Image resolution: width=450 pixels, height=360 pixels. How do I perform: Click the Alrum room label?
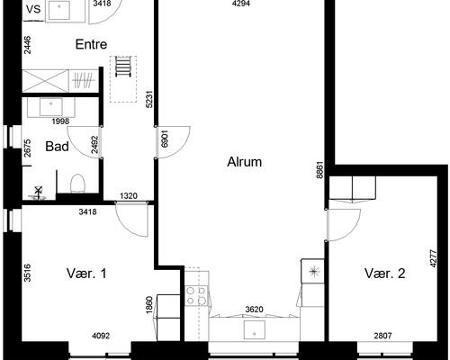(244, 162)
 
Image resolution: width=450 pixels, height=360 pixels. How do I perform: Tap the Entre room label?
(91, 44)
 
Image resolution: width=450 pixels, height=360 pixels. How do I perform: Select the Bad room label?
(57, 147)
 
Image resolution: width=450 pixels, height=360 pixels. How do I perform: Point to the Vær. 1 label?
(86, 274)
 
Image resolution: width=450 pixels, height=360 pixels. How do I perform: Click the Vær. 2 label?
(385, 274)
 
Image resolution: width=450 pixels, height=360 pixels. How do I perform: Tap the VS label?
(33, 9)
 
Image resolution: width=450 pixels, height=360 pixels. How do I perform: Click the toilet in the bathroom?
(77, 184)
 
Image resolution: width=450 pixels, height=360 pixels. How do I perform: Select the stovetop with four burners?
(196, 295)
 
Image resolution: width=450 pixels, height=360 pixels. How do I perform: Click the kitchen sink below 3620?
(255, 330)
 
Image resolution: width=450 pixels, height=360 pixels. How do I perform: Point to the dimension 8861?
(320, 170)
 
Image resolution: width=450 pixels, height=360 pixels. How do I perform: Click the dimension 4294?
(241, 4)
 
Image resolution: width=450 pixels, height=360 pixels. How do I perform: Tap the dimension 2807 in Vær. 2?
(382, 336)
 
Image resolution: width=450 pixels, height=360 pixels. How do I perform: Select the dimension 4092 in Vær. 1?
(101, 336)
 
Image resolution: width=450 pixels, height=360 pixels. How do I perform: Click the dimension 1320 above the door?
(129, 196)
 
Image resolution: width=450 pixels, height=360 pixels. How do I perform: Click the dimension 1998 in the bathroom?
(60, 121)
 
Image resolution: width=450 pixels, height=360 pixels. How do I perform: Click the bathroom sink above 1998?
(51, 107)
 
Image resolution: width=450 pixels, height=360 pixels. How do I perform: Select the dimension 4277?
(433, 258)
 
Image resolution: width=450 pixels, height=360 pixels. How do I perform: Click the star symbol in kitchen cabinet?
(313, 272)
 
